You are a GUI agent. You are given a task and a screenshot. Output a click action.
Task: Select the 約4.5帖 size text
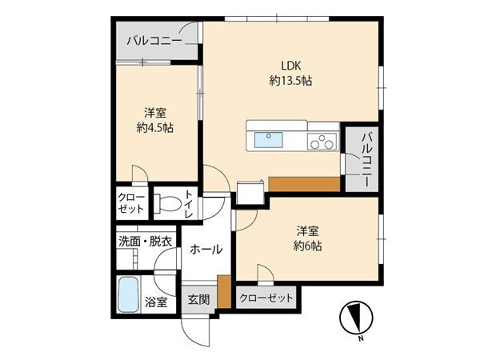click(155, 127)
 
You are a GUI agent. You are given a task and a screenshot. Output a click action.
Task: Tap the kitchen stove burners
click(322, 142)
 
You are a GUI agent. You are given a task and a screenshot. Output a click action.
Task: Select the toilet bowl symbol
click(166, 205)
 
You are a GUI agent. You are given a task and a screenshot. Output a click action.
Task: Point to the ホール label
click(206, 250)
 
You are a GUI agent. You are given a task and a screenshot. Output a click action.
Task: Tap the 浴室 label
click(157, 302)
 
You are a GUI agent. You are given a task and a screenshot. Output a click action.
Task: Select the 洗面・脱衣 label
click(145, 242)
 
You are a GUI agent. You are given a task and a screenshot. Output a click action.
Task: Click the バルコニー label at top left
click(152, 40)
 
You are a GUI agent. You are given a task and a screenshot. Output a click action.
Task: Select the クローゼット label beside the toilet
click(131, 202)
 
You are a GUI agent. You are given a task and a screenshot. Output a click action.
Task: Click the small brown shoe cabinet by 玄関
click(223, 290)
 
